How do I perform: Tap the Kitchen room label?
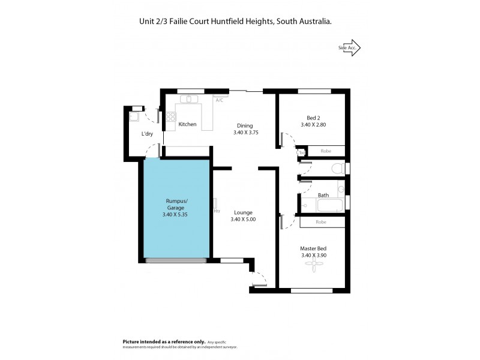point(188,124)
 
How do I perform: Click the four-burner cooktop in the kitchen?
point(171,117)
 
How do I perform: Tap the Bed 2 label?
point(313,117)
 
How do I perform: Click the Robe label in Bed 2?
point(326,151)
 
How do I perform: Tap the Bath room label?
point(323,195)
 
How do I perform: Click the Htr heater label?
point(217,211)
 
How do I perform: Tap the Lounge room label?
point(243,212)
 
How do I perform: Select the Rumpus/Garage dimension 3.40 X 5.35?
point(175,215)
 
